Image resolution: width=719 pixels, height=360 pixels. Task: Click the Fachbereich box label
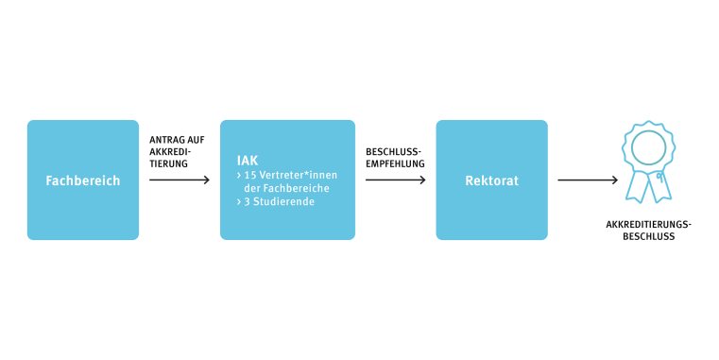click(x=83, y=180)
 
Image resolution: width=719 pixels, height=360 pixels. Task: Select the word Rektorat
click(x=491, y=180)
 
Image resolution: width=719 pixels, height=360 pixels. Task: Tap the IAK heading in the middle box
click(x=247, y=161)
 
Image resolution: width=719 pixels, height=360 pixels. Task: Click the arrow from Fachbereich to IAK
click(x=180, y=180)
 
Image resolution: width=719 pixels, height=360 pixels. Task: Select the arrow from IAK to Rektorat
click(x=396, y=180)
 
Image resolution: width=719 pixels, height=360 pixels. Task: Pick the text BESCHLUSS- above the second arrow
click(x=393, y=151)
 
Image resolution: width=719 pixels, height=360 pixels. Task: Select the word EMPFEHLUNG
click(x=395, y=163)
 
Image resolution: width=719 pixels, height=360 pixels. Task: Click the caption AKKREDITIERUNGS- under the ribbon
click(x=649, y=225)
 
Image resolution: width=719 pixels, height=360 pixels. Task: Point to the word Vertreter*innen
click(x=300, y=175)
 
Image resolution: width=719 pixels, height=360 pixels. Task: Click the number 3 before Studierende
click(x=247, y=200)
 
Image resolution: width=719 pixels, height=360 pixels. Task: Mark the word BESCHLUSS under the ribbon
click(x=649, y=237)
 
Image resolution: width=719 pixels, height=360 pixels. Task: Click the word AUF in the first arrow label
click(x=196, y=140)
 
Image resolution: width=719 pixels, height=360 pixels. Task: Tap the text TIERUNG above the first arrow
click(x=168, y=163)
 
